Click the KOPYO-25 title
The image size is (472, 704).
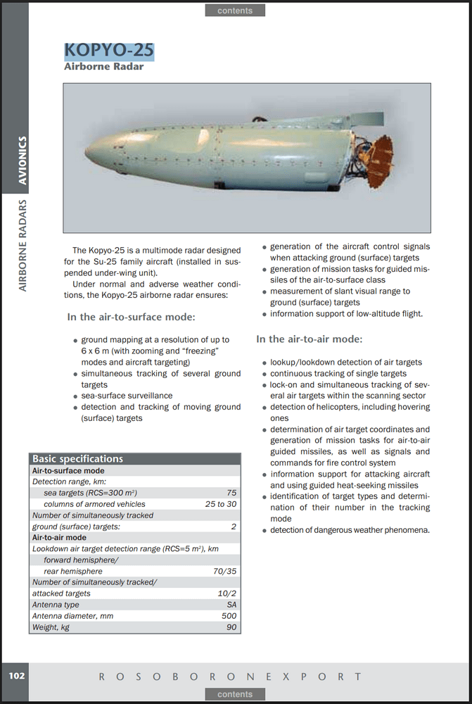coord(108,51)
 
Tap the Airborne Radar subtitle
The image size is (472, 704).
coord(103,67)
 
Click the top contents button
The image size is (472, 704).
coord(235,11)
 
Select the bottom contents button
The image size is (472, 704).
coord(235,693)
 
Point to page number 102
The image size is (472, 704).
coord(17,675)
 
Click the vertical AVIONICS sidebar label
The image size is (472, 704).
coord(23,160)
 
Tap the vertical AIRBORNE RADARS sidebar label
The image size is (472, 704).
coord(23,245)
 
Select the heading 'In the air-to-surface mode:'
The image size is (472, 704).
coord(131,318)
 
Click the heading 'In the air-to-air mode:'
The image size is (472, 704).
coord(309,339)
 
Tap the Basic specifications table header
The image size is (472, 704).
coord(78,459)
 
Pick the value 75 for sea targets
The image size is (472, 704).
coord(231,493)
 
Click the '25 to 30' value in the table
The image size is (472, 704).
coord(221,504)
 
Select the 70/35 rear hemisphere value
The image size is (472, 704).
coord(224,571)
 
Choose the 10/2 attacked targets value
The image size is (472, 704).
coord(227,593)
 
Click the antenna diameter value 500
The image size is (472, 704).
coord(229,616)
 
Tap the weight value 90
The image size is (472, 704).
coord(231,627)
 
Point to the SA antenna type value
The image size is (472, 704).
coord(231,605)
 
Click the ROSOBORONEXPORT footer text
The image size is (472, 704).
coord(230,677)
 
